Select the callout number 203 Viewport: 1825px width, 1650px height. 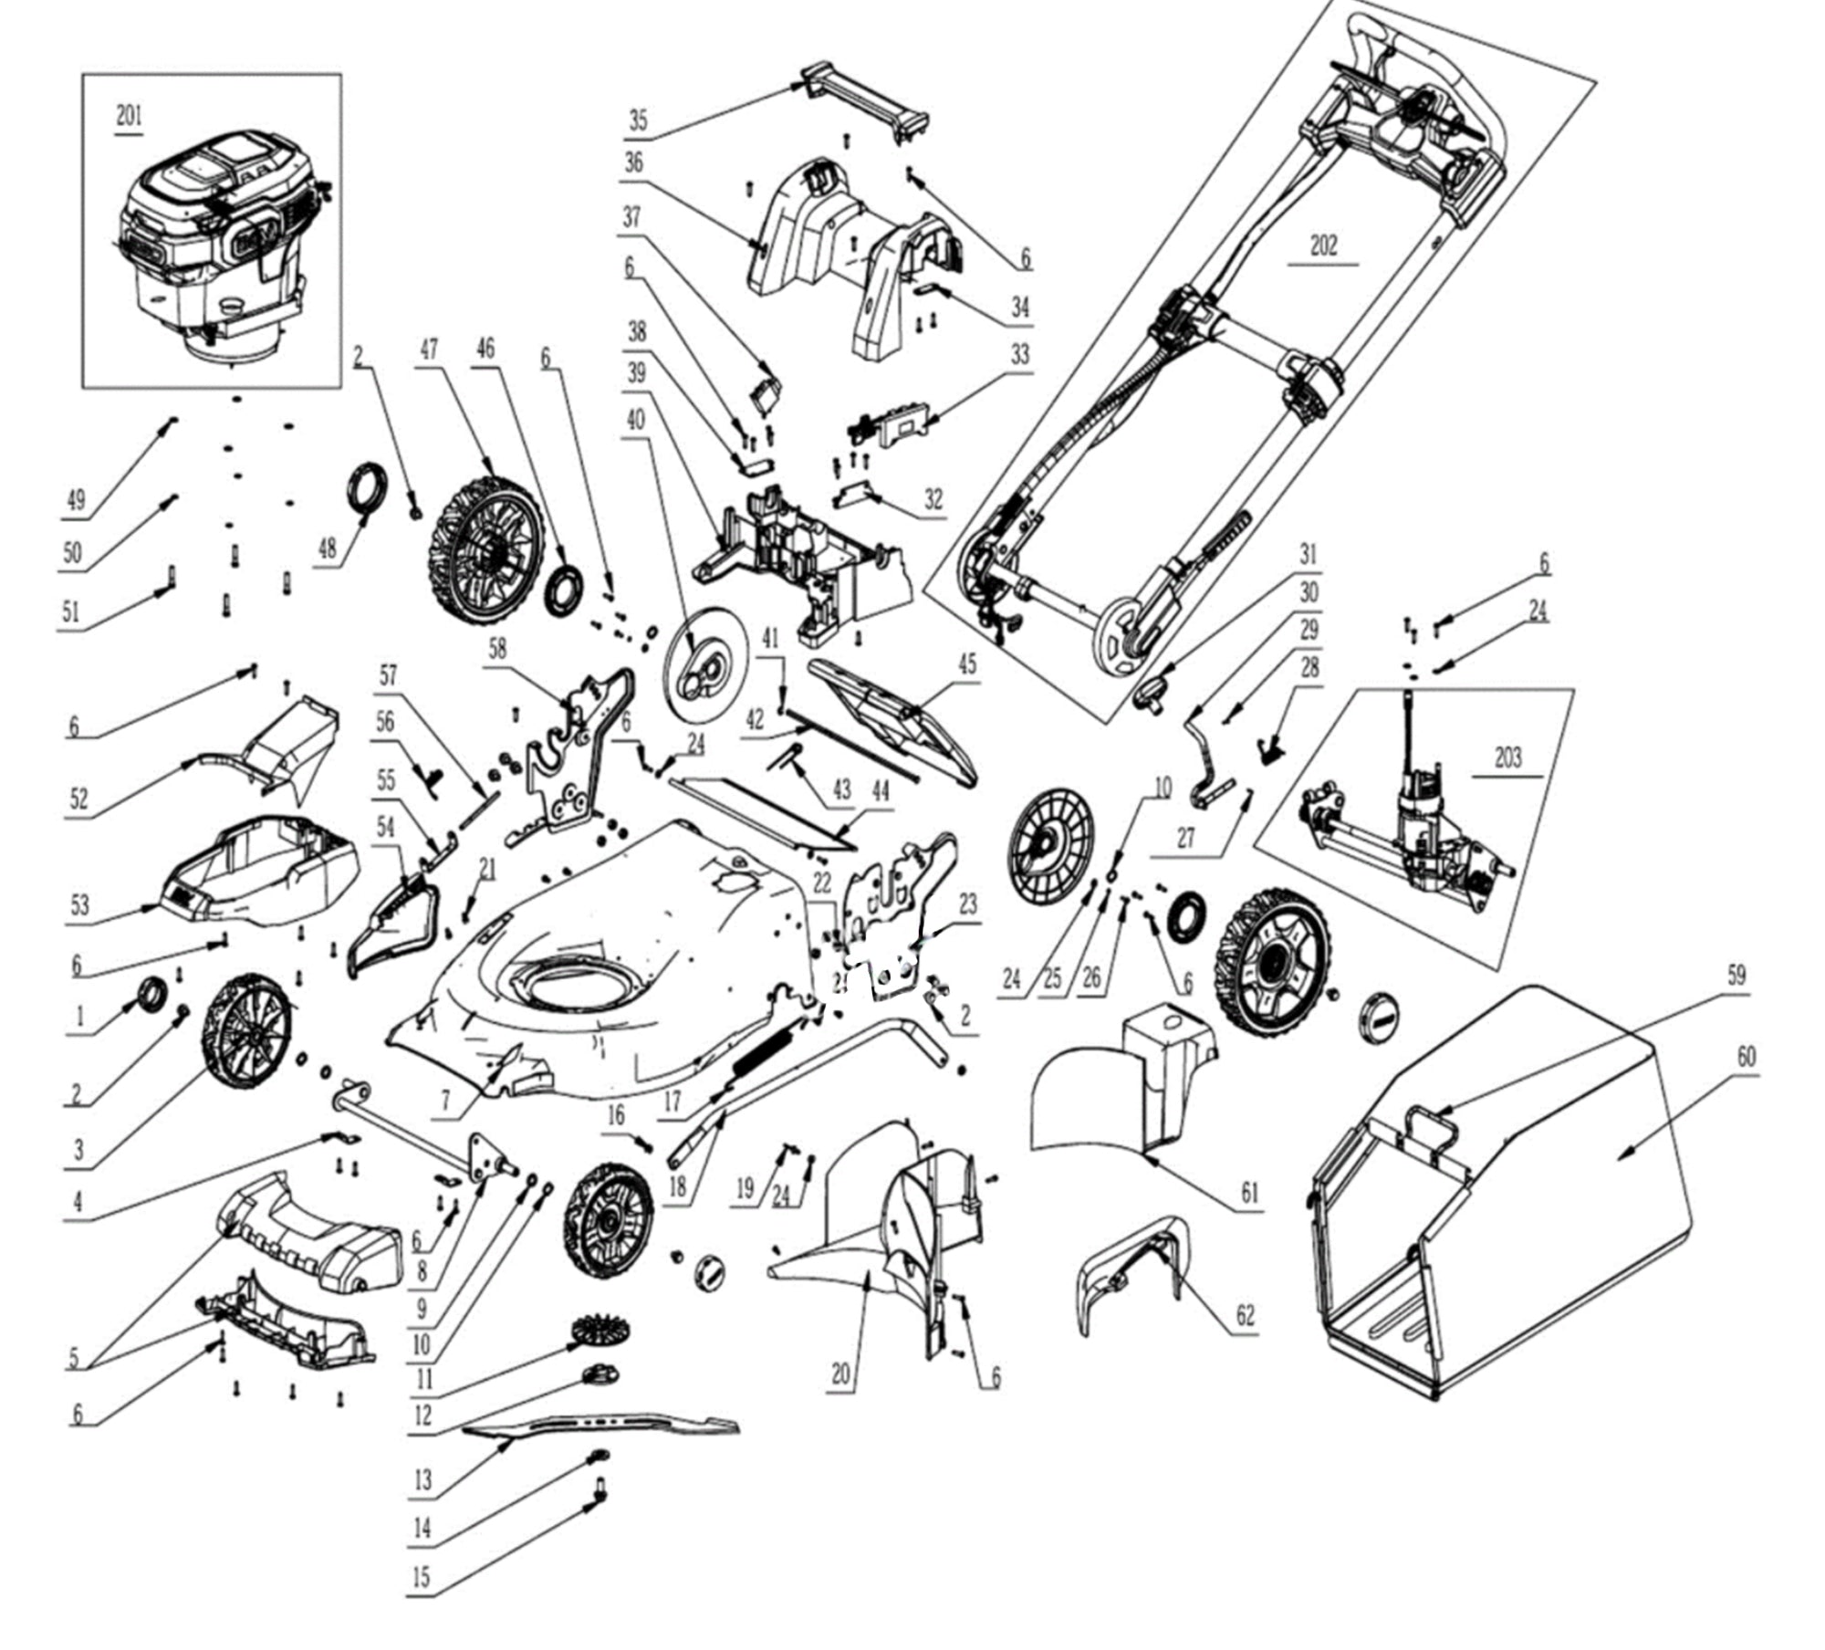click(1507, 757)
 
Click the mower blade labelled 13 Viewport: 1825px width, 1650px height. click(602, 1425)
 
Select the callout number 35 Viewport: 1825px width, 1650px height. click(638, 120)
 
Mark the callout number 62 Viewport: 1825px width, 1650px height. click(1245, 1315)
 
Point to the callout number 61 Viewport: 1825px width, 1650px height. click(1249, 1192)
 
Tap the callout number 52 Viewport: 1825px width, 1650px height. click(79, 799)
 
